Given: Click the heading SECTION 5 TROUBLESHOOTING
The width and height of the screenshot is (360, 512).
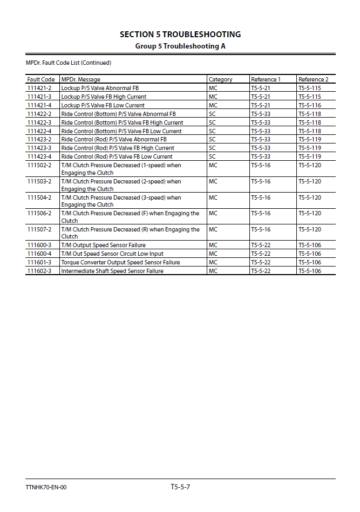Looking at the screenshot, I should pos(180,35).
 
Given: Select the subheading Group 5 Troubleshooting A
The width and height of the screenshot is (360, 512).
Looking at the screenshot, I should pos(180,46).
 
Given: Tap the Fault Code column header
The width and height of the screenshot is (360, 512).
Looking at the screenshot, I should pos(41,79).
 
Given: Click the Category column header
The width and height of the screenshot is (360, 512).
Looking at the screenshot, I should pos(220,79).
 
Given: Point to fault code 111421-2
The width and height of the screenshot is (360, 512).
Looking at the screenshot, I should pos(39,88).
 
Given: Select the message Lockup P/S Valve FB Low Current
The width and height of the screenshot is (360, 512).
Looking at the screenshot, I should pos(103,105).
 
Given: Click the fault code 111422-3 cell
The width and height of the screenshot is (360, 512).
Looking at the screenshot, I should pos(39,122).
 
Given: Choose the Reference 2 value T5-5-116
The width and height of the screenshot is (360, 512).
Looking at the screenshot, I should pos(309,105).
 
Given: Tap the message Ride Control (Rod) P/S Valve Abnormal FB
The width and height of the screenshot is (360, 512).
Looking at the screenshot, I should pos(114,139).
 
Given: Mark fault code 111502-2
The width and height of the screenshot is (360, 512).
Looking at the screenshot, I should pos(39,165).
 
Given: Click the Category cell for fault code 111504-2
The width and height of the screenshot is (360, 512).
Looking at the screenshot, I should pos(213,197).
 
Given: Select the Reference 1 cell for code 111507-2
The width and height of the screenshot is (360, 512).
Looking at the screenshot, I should pos(261,229).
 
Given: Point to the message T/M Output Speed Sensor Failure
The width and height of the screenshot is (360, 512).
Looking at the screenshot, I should pos(103,245).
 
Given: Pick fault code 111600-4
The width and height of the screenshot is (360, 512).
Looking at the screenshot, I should pos(39,254).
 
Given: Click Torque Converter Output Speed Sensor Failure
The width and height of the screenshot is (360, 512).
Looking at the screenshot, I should pos(120,262).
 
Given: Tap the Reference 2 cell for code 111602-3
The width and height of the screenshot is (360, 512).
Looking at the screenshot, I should pos(309,271).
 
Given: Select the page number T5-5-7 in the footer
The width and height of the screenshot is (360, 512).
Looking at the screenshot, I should pos(180,487).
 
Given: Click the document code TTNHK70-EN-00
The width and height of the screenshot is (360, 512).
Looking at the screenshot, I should pos(46,488).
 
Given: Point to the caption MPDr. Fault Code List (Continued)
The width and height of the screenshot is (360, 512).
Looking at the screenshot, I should pos(69,63).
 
